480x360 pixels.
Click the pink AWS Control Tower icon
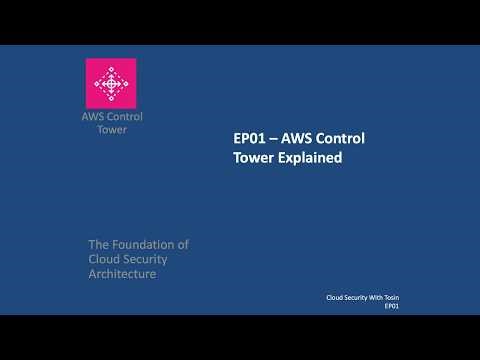pyautogui.click(x=111, y=83)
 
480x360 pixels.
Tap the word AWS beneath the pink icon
pyautogui.click(x=92, y=117)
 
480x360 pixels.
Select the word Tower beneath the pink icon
pyautogui.click(x=111, y=131)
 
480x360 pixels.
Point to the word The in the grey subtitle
pyautogui.click(x=99, y=244)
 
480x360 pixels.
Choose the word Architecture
pyautogui.click(x=122, y=274)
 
